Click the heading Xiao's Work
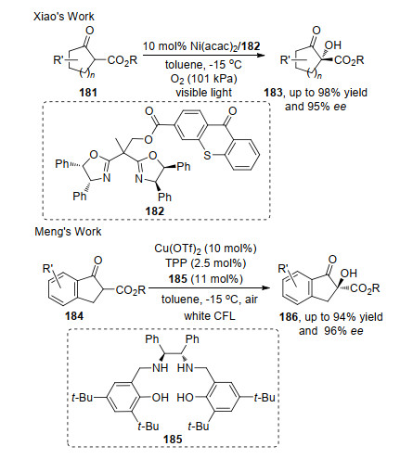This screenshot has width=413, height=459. tap(64, 16)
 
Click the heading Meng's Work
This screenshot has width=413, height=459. tap(68, 232)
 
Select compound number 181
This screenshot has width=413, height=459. tap(88, 93)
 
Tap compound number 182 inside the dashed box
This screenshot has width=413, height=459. tap(155, 211)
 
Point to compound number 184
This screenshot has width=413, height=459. tap(74, 316)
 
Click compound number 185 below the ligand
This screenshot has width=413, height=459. tap(173, 439)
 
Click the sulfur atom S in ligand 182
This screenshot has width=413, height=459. tap(207, 155)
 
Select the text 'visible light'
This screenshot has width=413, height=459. tap(204, 93)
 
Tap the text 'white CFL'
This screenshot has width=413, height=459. tap(210, 316)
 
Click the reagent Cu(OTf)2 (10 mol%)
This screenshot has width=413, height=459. tap(205, 249)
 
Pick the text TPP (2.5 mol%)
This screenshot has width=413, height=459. tap(205, 263)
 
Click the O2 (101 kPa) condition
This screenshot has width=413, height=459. tap(204, 79)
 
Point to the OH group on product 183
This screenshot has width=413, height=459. tap(333, 45)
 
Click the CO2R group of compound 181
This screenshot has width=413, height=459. tap(123, 60)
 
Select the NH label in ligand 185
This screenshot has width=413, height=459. tap(161, 368)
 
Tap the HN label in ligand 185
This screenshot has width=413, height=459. tap(186, 368)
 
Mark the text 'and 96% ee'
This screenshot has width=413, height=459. tap(331, 331)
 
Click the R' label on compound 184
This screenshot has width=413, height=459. tap(48, 268)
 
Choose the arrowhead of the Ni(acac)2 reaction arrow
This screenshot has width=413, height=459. tap(262, 56)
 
